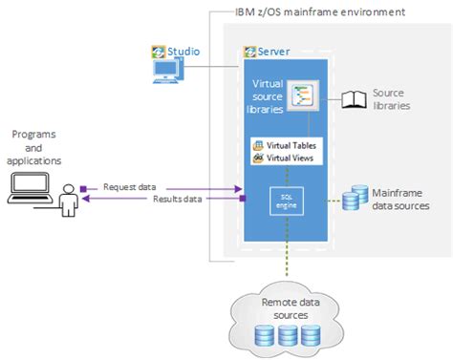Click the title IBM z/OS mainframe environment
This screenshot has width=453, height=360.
(319, 12)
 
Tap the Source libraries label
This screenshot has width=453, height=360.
(391, 98)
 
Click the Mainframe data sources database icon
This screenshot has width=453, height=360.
(356, 199)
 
